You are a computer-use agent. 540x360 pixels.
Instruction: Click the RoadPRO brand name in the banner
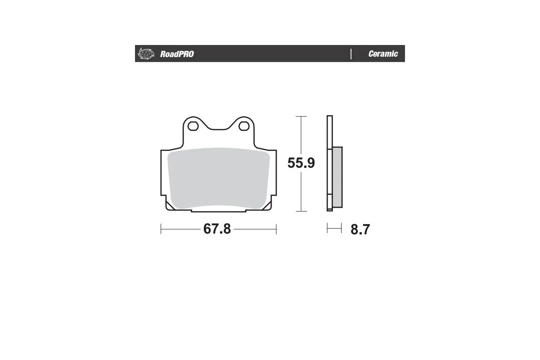click(177, 54)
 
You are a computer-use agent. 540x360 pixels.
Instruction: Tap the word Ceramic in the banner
click(383, 54)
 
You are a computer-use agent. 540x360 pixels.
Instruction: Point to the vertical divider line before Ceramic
click(351, 54)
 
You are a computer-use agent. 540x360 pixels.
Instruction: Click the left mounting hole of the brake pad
click(193, 126)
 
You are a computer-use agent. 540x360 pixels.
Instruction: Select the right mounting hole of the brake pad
click(244, 126)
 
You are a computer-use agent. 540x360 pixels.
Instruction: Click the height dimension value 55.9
click(301, 163)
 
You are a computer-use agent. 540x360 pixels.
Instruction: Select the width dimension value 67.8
click(217, 229)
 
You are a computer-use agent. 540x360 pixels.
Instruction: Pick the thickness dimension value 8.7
click(360, 229)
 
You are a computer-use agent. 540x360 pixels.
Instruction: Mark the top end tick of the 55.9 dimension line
click(301, 117)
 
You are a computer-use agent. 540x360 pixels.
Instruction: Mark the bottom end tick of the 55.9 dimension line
click(301, 211)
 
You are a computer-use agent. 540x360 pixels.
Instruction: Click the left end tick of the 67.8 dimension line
click(161, 229)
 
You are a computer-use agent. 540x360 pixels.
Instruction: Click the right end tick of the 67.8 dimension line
click(276, 229)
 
